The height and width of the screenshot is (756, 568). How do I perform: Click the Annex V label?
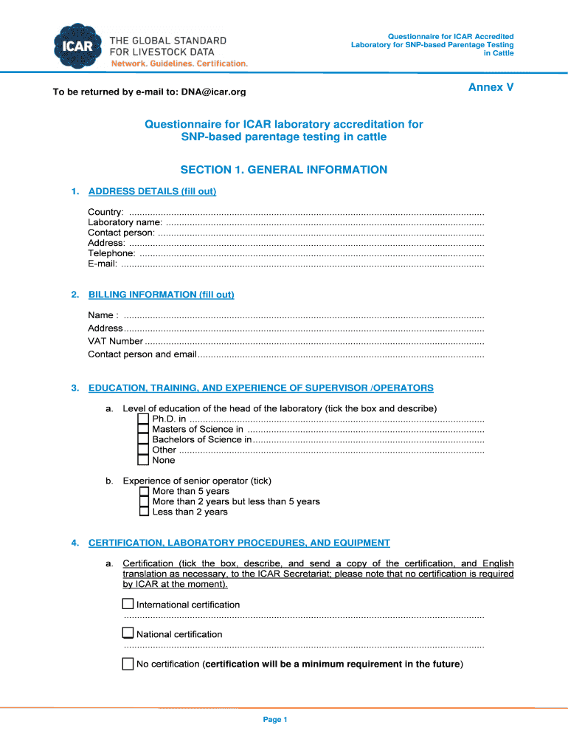click(491, 87)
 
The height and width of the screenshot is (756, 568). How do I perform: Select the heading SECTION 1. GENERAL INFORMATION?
click(284, 170)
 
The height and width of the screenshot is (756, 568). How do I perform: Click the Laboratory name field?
click(325, 222)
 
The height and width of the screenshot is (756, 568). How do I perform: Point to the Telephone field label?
click(111, 253)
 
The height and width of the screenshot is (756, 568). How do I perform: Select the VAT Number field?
click(314, 341)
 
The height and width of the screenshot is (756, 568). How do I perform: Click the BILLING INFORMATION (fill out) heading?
click(161, 295)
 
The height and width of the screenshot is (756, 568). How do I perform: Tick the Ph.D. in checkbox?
click(144, 419)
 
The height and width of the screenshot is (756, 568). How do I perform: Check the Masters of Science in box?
click(144, 430)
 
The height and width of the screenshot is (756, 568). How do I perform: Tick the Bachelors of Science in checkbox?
click(144, 440)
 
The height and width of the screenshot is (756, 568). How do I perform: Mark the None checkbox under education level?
click(144, 461)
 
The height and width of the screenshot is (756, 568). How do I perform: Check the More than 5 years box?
click(144, 491)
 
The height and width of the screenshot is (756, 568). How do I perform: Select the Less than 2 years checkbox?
click(144, 512)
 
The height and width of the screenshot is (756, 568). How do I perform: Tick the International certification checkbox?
click(128, 605)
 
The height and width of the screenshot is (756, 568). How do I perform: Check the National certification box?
click(128, 633)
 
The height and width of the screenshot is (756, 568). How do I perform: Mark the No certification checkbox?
click(128, 664)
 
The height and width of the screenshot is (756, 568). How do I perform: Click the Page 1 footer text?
click(274, 720)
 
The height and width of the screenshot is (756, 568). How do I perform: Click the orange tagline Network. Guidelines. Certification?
click(179, 63)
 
